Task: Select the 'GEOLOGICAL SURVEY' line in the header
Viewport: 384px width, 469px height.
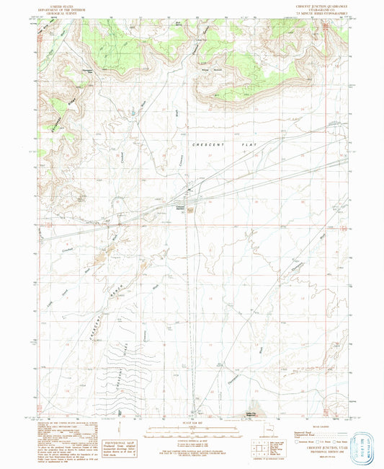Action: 54,13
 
